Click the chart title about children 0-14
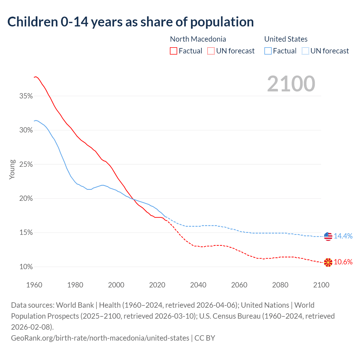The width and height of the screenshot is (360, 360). pyautogui.click(x=130, y=22)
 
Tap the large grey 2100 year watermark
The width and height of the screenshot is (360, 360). pyautogui.click(x=291, y=84)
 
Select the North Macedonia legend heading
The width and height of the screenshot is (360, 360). pyautogui.click(x=198, y=39)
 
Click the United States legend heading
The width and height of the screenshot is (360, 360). pyautogui.click(x=286, y=39)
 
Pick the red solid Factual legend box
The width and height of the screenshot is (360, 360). pyautogui.click(x=174, y=51)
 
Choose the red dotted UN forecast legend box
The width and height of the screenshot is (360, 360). pyautogui.click(x=211, y=51)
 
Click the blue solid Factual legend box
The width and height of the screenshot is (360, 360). pyautogui.click(x=268, y=51)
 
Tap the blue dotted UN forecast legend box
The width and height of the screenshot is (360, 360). pyautogui.click(x=305, y=51)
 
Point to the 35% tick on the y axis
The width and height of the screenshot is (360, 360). pyautogui.click(x=26, y=96)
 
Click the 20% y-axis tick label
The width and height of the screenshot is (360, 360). pyautogui.click(x=26, y=199)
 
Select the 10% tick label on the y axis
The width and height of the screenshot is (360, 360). pyautogui.click(x=26, y=267)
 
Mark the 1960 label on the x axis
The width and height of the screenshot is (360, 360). pyautogui.click(x=34, y=285)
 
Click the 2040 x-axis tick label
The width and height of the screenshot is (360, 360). pyautogui.click(x=198, y=285)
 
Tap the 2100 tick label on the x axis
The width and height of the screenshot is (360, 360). pyautogui.click(x=321, y=285)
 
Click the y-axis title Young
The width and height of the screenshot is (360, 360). pyautogui.click(x=12, y=169)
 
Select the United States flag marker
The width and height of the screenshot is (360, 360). pyautogui.click(x=328, y=236)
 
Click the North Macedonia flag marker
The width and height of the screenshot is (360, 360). pyautogui.click(x=328, y=262)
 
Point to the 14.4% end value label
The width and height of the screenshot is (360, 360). pyautogui.click(x=343, y=236)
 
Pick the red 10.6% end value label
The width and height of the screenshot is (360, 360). pyautogui.click(x=343, y=262)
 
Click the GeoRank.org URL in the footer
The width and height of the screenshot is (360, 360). pyautogui.click(x=100, y=338)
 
